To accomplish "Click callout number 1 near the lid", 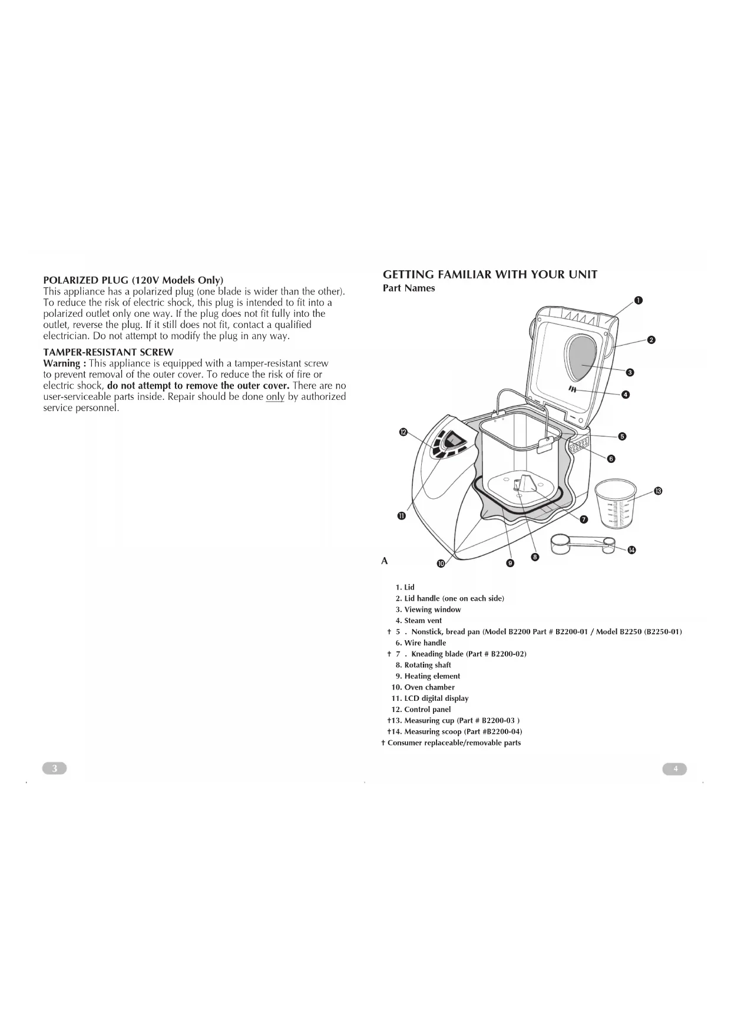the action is pyautogui.click(x=638, y=301).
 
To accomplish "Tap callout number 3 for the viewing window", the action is pyautogui.click(x=630, y=372).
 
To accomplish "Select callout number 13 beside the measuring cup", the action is pyautogui.click(x=659, y=491).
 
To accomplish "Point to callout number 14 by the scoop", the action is pyautogui.click(x=631, y=550).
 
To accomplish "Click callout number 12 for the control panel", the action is pyautogui.click(x=403, y=432).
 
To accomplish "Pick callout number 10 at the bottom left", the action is pyautogui.click(x=441, y=564).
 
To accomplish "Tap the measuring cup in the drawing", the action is pyautogui.click(x=616, y=503).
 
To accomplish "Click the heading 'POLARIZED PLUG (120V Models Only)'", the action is pyautogui.click(x=133, y=280).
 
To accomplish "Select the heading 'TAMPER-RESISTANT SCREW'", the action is pyautogui.click(x=108, y=352).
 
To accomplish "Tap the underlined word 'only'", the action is pyautogui.click(x=275, y=397).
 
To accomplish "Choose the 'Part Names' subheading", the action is pyautogui.click(x=409, y=288).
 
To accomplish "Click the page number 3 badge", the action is pyautogui.click(x=55, y=768).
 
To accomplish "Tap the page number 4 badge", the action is pyautogui.click(x=675, y=769).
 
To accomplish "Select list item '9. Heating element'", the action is pyautogui.click(x=428, y=676).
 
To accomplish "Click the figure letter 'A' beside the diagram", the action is pyautogui.click(x=385, y=561).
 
